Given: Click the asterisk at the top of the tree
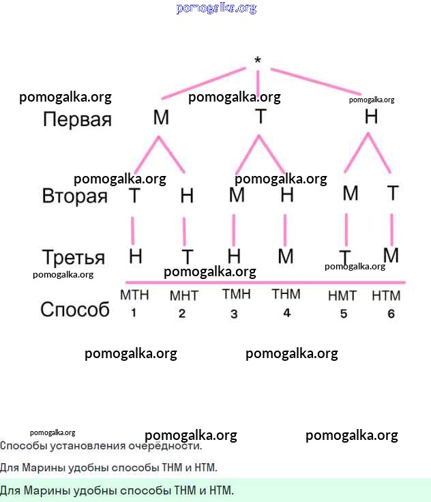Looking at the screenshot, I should pyautogui.click(x=257, y=61).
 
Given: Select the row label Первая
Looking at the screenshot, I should pyautogui.click(x=76, y=119).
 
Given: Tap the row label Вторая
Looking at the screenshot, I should pyautogui.click(x=74, y=196).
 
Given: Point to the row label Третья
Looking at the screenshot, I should pyautogui.click(x=73, y=258).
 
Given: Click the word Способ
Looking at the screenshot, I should pyautogui.click(x=74, y=309).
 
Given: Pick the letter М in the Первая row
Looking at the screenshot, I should pyautogui.click(x=161, y=117).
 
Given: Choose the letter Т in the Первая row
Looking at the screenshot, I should pyautogui.click(x=260, y=117).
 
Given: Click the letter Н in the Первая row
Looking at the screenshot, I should pyautogui.click(x=371, y=117).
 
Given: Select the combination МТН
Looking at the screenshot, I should pyautogui.click(x=134, y=295).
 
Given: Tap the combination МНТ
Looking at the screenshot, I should pyautogui.click(x=183, y=296).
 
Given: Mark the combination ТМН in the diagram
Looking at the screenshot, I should pyautogui.click(x=236, y=295).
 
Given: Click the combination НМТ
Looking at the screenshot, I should pyautogui.click(x=342, y=296).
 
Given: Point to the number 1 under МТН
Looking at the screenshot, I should pyautogui.click(x=134, y=313).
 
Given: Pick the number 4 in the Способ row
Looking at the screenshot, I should pyautogui.click(x=286, y=312).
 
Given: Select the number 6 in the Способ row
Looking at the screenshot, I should pyautogui.click(x=391, y=314).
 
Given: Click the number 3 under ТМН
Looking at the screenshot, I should pyautogui.click(x=234, y=314).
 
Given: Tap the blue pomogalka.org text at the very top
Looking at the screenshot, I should pyautogui.click(x=216, y=8).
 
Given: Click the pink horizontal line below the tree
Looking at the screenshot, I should pyautogui.click(x=265, y=282).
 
